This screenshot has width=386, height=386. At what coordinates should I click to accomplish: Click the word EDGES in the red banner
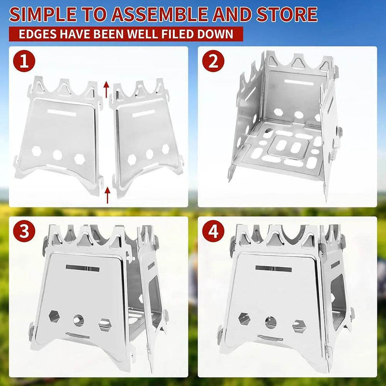pyautogui.click(x=39, y=35)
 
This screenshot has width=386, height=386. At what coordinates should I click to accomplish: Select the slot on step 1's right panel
pyautogui.click(x=143, y=114)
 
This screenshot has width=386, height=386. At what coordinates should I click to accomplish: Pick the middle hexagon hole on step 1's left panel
pyautogui.click(x=58, y=155)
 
